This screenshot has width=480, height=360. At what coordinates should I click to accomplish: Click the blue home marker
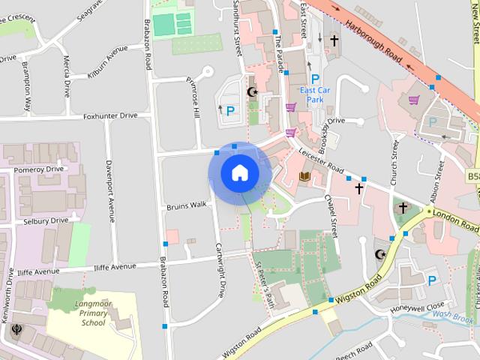click(x=239, y=172)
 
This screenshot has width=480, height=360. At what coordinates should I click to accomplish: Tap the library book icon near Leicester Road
click(x=304, y=177)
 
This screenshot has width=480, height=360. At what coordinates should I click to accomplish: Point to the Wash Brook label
click(x=453, y=316)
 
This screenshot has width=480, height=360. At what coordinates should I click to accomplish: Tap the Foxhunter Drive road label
click(x=110, y=115)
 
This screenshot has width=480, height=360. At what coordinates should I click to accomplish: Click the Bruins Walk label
click(x=186, y=205)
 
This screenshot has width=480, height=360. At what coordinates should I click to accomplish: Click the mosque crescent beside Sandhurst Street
click(x=252, y=92)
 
